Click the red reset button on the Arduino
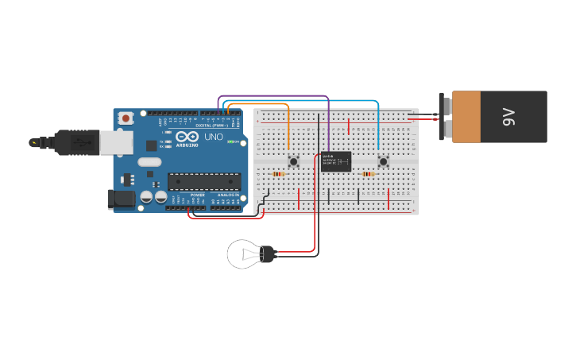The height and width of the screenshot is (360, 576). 126,118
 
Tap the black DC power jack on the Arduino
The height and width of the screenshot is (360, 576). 117,199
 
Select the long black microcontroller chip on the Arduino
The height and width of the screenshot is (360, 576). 203,181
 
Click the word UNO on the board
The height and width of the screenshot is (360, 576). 214,137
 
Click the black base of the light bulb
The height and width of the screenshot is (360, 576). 268,254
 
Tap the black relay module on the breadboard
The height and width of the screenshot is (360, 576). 336,161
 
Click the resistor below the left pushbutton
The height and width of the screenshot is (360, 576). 278,173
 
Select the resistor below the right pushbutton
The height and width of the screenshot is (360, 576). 368,173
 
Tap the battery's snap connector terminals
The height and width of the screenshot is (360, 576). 446,117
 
